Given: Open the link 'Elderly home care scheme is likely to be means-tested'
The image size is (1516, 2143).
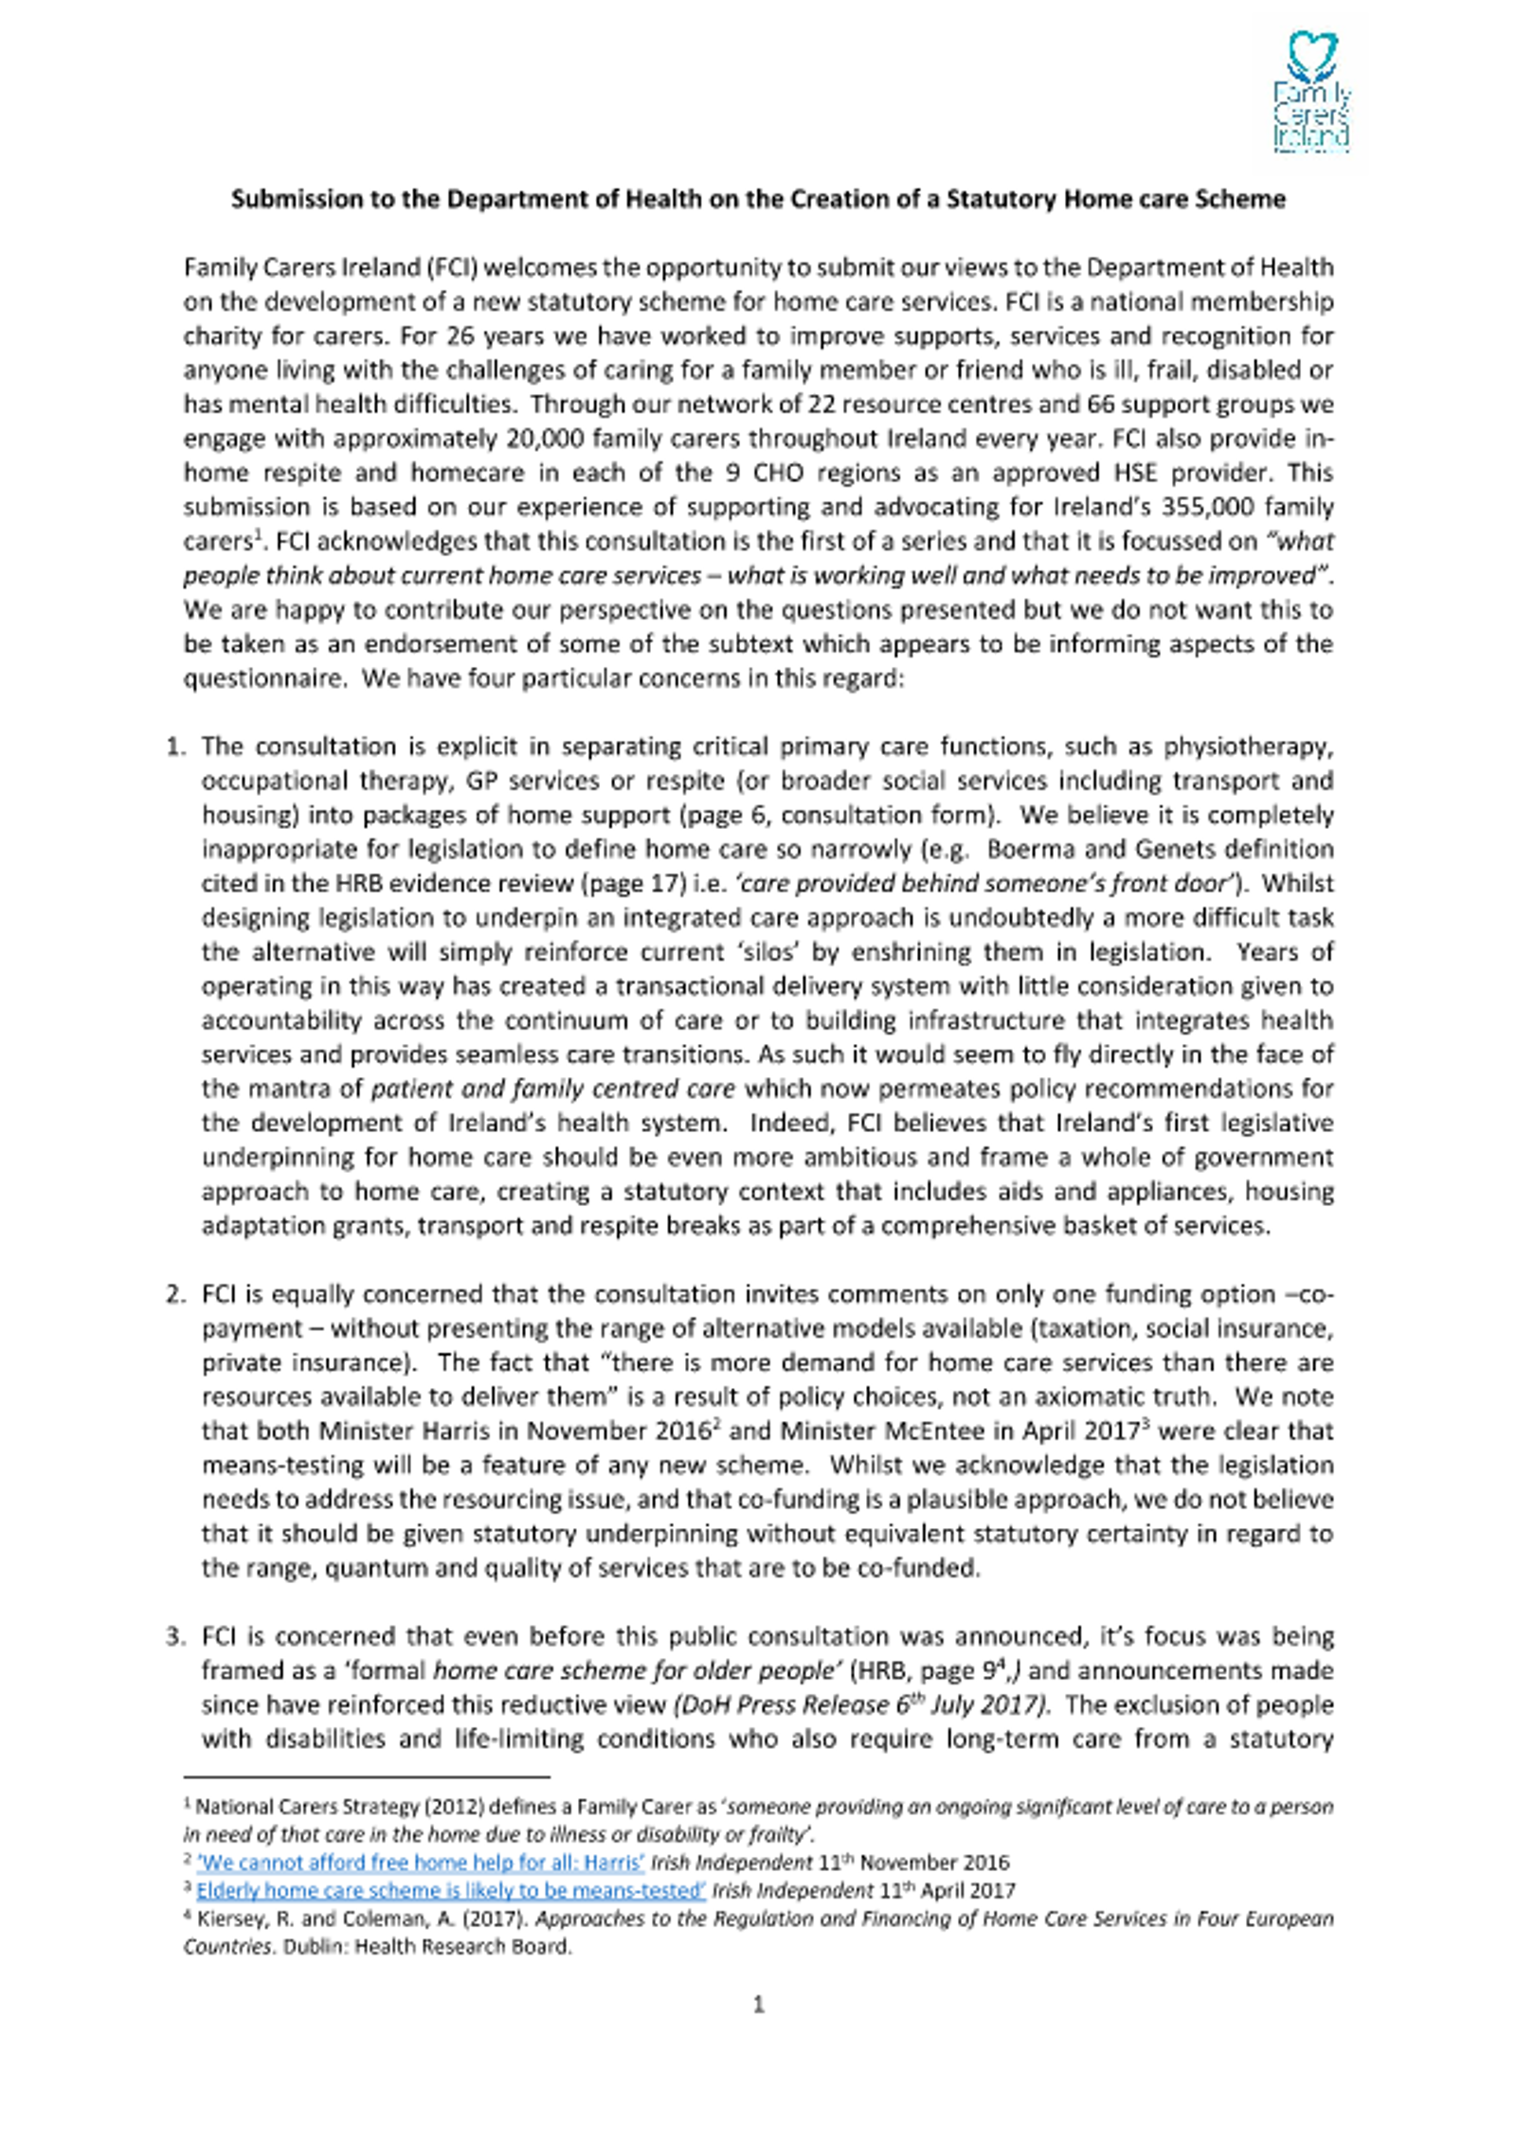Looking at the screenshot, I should (x=451, y=1891).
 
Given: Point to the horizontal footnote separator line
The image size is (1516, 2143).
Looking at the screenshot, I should (x=367, y=1777).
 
